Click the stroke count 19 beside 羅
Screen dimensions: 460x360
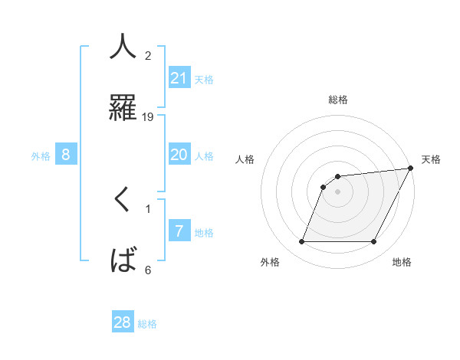coord(148,116)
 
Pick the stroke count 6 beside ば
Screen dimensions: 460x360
coord(148,270)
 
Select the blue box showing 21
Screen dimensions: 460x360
coord(179,78)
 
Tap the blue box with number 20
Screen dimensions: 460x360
coord(179,155)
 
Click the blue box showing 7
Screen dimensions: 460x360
coord(179,231)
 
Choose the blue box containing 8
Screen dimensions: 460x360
coord(66,155)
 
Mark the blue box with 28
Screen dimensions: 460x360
coord(123,322)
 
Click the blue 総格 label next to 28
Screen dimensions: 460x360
coord(147,324)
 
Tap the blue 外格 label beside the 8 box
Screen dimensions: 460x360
coord(41,156)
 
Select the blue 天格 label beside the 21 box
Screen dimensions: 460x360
coord(204,80)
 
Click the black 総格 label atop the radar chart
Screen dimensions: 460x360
coord(338,100)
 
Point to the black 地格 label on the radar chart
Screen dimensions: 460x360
coord(402,263)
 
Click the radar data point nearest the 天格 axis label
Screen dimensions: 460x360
coord(411,168)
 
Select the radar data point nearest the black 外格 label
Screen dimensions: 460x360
coord(301,242)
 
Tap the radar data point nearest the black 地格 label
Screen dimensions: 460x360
coord(374,242)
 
